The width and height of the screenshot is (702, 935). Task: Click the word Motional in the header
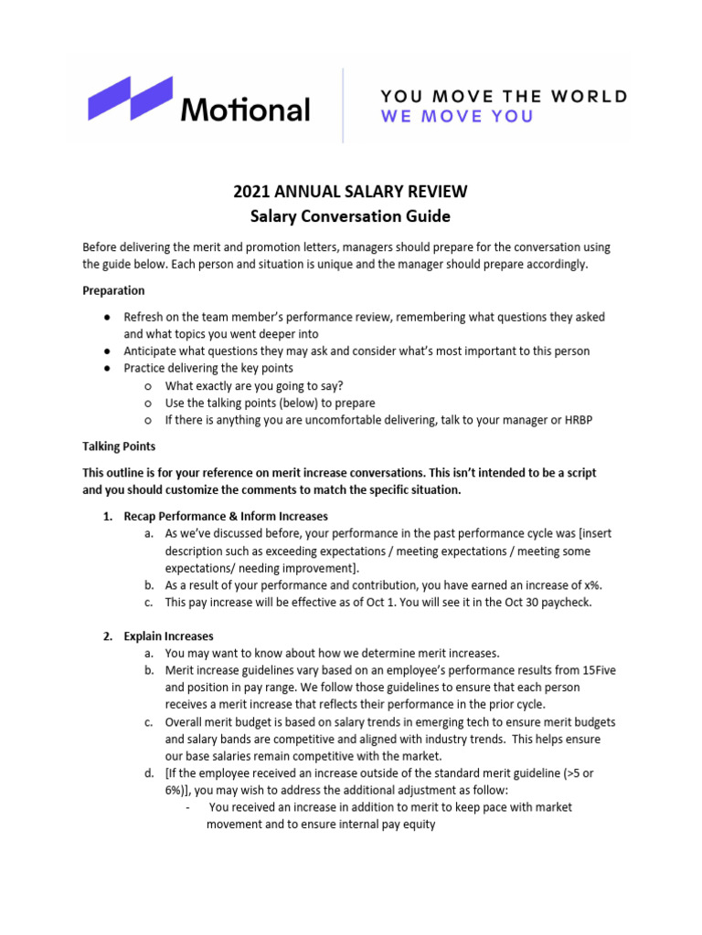click(244, 110)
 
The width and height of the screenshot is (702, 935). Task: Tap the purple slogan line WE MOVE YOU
click(457, 117)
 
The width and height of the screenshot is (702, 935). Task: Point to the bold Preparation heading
click(113, 290)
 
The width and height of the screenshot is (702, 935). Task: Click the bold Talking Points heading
click(119, 446)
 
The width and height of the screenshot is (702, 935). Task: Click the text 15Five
click(595, 669)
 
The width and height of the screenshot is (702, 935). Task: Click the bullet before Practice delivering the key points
click(107, 368)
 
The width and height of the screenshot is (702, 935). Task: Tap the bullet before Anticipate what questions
click(107, 351)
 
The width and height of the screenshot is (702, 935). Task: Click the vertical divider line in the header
click(343, 104)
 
